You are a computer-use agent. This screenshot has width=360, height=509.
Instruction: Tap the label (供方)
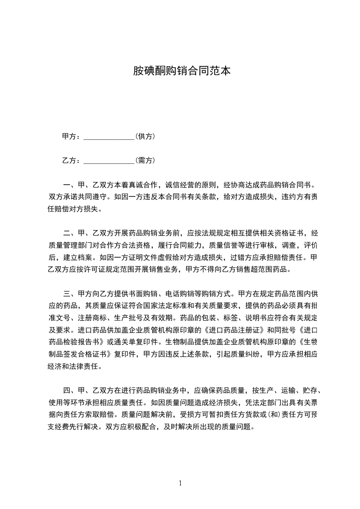146,136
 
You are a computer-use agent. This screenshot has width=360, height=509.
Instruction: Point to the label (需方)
146,160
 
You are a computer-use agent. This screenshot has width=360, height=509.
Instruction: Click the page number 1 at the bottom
180,483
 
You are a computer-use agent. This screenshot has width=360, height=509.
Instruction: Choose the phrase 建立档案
74,257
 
